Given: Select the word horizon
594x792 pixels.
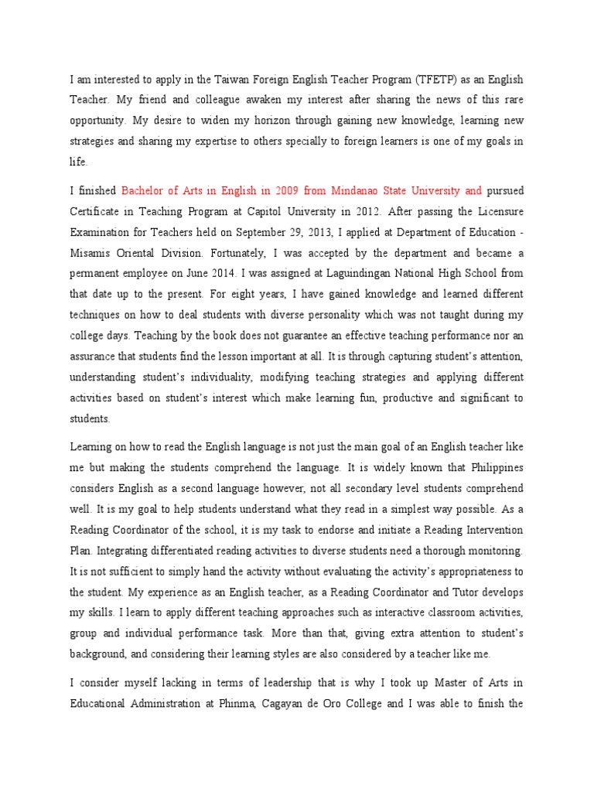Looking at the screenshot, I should coord(246,121).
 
